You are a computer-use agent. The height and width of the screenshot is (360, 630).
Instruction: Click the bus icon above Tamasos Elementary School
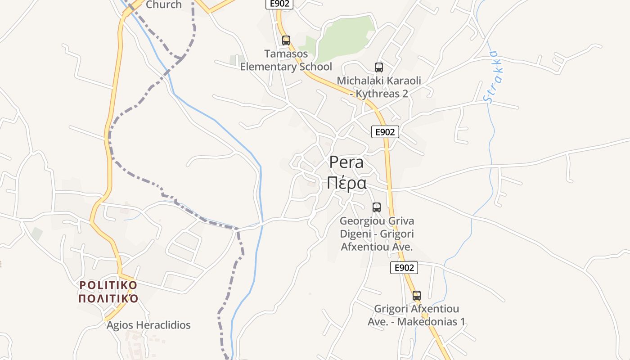(286, 40)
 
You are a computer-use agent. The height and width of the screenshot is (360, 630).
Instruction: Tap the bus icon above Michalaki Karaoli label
(379, 67)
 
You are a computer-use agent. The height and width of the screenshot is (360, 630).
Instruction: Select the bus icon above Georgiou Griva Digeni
(377, 207)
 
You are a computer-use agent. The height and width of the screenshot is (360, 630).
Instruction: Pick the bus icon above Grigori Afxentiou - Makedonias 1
(417, 296)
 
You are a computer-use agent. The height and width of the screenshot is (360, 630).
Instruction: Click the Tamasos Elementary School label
(286, 60)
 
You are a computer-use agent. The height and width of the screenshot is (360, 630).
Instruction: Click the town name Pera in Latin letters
(346, 162)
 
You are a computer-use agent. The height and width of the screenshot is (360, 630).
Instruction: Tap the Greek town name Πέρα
(346, 183)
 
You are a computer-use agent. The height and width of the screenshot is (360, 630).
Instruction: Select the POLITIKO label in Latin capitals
(108, 285)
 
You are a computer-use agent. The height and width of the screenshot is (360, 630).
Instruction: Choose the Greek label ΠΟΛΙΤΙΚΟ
(108, 299)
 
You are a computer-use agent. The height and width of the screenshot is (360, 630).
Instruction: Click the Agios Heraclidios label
(148, 325)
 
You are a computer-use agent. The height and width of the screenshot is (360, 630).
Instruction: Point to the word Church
(164, 5)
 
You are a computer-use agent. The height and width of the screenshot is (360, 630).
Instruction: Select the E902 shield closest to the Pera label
(385, 132)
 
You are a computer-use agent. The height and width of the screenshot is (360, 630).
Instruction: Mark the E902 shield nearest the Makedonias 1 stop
(404, 268)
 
